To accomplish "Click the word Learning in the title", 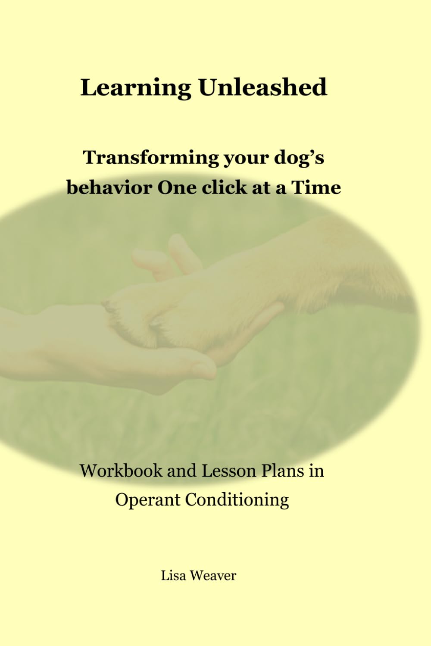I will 135,87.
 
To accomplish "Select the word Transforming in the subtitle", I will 151,158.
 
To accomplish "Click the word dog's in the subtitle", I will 299,158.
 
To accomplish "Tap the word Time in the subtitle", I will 316,187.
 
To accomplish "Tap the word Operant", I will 147,500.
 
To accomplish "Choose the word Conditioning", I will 237,499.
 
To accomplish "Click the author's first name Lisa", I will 174,575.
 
